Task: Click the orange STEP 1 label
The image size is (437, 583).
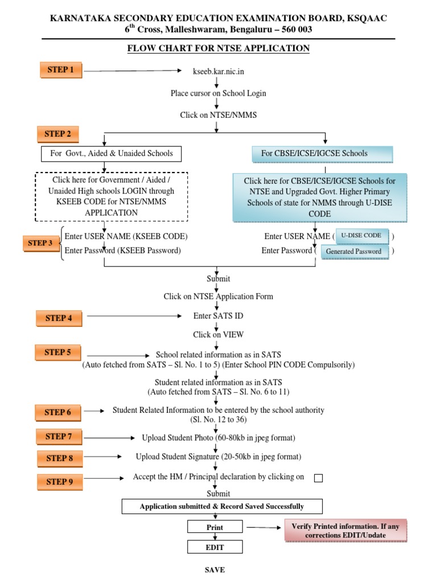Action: point(60,70)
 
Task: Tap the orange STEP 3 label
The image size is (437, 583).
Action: point(40,243)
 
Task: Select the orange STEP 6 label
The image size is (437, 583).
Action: point(58,412)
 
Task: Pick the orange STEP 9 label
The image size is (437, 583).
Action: point(60,482)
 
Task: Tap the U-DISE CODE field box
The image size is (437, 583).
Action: point(361,236)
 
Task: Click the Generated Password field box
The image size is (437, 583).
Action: point(354,252)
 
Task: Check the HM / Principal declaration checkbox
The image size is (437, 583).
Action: point(319,478)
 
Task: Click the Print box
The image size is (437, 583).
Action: point(215,527)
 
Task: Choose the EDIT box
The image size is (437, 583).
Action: point(215,547)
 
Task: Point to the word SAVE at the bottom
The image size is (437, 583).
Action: point(215,569)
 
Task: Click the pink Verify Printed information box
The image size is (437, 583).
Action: point(345,531)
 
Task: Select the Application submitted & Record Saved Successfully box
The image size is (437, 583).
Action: point(222,506)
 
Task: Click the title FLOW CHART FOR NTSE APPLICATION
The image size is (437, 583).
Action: point(218,48)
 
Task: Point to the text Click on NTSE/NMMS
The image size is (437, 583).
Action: point(218,115)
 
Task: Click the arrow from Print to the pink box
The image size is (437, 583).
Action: point(263,527)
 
